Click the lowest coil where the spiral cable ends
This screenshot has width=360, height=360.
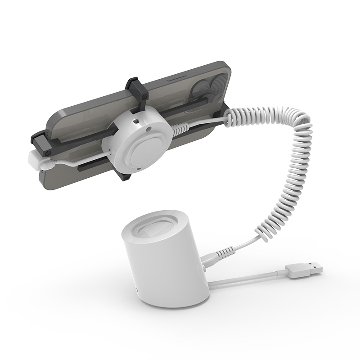[263, 234]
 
